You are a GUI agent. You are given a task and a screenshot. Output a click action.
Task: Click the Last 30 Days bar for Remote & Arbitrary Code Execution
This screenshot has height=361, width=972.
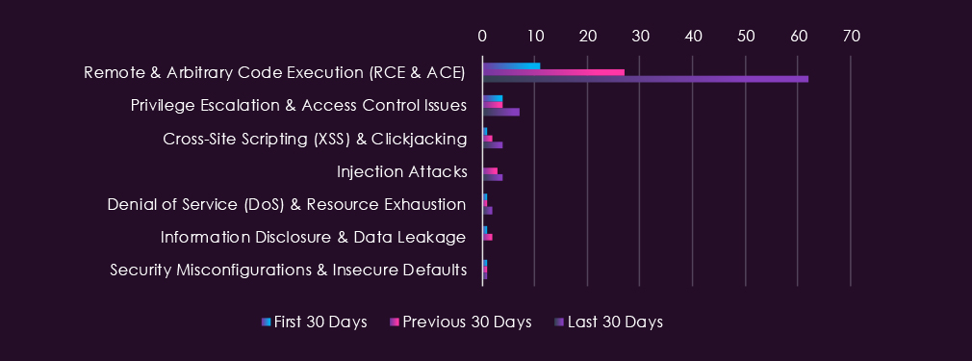pos(646,79)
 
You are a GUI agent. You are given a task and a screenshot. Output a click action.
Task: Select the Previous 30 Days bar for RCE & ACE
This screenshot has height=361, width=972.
pos(553,72)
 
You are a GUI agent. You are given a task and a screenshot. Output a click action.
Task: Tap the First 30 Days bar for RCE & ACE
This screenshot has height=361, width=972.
pos(511,65)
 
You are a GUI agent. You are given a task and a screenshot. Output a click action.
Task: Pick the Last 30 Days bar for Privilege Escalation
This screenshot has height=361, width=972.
pos(500,112)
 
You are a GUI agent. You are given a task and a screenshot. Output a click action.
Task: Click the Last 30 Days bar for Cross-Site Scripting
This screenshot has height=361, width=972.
pos(493,144)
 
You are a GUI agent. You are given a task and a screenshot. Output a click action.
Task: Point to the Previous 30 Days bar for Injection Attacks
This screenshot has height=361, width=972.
pos(491,170)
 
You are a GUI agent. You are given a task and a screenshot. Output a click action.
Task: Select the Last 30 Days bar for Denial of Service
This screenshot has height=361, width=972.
pos(487,210)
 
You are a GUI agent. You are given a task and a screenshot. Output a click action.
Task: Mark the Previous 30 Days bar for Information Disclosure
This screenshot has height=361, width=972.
pos(487,237)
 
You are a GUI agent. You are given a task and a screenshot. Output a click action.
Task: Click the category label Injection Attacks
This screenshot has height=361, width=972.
pos(401,171)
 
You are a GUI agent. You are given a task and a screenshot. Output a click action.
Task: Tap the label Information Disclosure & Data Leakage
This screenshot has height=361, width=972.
pos(313,237)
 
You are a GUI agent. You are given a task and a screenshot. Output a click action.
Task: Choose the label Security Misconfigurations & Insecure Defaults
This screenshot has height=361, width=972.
pos(289,270)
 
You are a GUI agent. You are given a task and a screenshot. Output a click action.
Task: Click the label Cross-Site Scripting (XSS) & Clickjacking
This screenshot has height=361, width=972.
pos(315,139)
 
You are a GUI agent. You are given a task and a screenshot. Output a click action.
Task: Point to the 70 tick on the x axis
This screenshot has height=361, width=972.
pos(851,37)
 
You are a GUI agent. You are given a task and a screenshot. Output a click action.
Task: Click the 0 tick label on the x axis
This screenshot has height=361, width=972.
pos(482,37)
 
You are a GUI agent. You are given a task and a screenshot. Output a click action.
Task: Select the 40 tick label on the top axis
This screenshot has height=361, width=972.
pos(693,37)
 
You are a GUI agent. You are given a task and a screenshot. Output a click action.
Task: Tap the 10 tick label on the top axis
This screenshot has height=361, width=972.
pos(535,37)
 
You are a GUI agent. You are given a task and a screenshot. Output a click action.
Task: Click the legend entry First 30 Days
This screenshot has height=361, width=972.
pos(315,322)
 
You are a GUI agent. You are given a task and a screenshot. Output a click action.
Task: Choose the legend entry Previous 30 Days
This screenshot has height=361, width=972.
pos(461,322)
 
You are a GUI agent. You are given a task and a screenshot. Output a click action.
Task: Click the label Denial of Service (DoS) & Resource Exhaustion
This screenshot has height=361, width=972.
pos(287,205)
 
